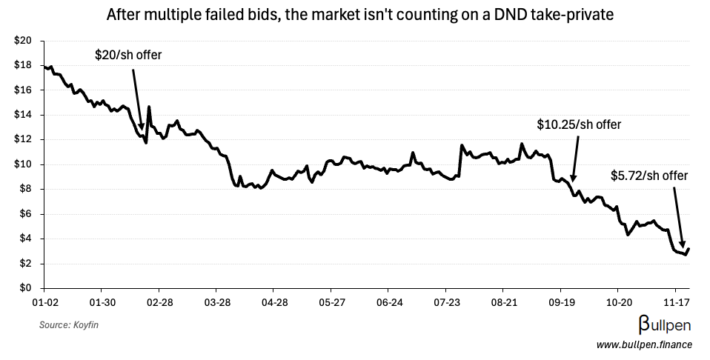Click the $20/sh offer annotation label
[127, 55]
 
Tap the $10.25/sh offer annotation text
[579, 124]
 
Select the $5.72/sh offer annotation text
[649, 176]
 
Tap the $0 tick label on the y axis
[24, 288]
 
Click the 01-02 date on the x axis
[44, 303]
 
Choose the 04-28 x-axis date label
[275, 303]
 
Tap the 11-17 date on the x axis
[676, 303]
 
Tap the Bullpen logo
[665, 324]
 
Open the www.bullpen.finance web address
[643, 344]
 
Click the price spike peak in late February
[149, 107]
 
